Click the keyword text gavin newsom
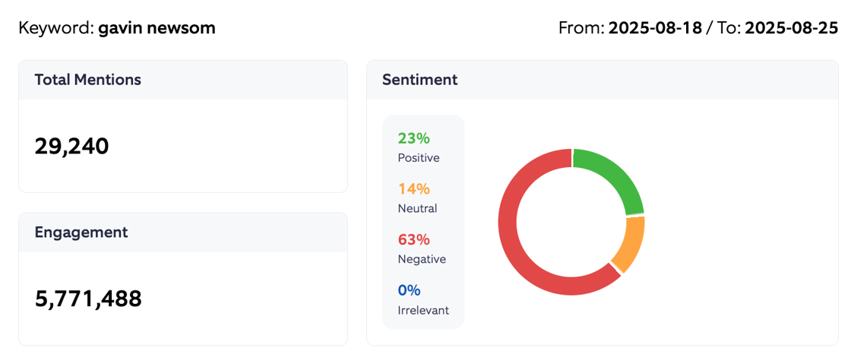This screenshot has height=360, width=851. tap(157, 28)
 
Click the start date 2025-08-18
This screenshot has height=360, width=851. tap(655, 28)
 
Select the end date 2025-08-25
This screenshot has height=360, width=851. tap(791, 28)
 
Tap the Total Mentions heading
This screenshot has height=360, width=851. tap(87, 79)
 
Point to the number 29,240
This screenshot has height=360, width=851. tap(72, 146)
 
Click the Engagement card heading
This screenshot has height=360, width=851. tap(81, 232)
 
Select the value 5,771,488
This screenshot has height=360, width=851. tap(88, 298)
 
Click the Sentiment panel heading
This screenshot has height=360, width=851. tap(419, 79)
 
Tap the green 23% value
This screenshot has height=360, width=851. tap(413, 138)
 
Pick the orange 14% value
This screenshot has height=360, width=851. tap(413, 188)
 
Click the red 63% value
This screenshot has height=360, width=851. tap(413, 239)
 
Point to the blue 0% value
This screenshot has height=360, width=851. tap(409, 290)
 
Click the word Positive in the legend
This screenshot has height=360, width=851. tap(419, 158)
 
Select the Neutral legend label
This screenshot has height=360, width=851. tap(417, 208)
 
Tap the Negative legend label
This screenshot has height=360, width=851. tap(422, 259)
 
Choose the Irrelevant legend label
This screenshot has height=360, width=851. tap(423, 310)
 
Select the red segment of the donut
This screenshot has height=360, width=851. tap(517, 243)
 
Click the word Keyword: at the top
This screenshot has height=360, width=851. tap(56, 28)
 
